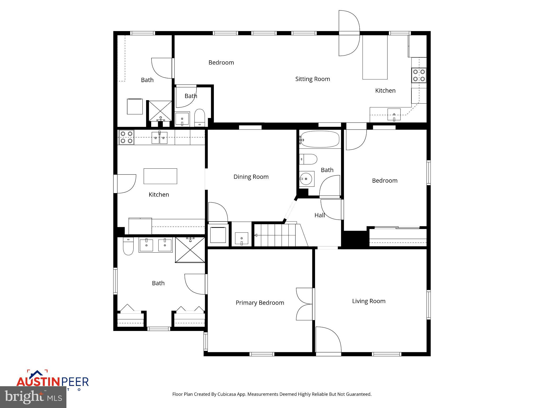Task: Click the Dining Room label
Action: tap(251, 177)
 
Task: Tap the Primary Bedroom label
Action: tap(260, 303)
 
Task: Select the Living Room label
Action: tap(368, 301)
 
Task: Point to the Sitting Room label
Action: tap(312, 79)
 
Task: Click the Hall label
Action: tap(319, 215)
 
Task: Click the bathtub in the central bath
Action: tap(320, 139)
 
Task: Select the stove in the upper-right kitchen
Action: tap(419, 75)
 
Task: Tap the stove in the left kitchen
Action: tap(126, 137)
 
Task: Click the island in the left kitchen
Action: tap(160, 176)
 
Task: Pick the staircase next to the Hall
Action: tap(276, 235)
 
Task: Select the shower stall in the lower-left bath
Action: tap(190, 250)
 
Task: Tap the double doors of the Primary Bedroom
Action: tap(305, 304)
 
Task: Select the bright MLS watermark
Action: tap(33, 397)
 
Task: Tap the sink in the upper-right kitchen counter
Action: tap(394, 114)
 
